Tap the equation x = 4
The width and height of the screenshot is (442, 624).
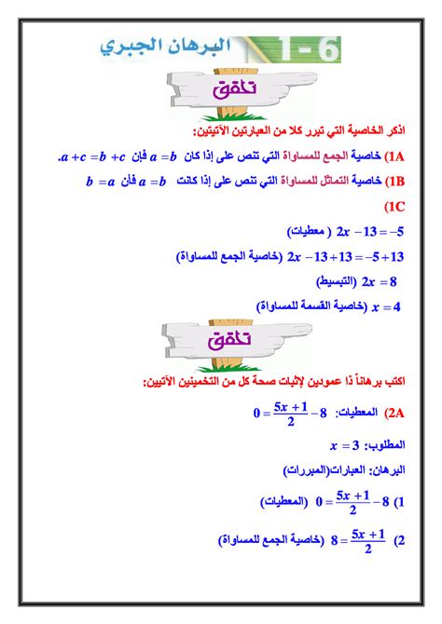point(385,305)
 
